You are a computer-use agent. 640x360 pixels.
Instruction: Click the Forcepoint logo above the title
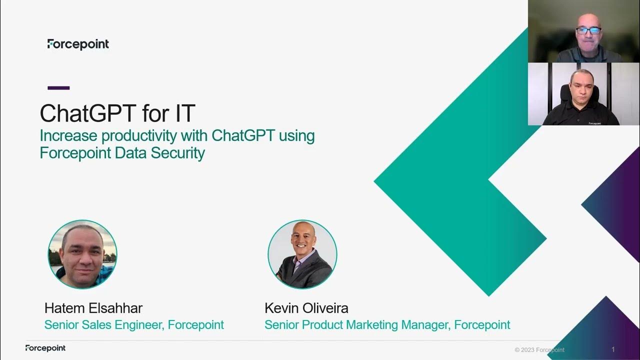pyautogui.click(x=78, y=44)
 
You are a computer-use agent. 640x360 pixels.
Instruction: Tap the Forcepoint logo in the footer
pyautogui.click(x=45, y=348)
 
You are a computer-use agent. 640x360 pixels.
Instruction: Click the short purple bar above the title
pyautogui.click(x=58, y=88)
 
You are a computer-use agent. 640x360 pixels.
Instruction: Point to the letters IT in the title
pyautogui.click(x=184, y=113)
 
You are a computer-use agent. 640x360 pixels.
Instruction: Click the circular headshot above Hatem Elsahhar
pyautogui.click(x=82, y=254)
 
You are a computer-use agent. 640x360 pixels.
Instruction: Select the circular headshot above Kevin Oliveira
pyautogui.click(x=302, y=254)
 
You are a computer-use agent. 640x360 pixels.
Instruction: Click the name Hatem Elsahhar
pyautogui.click(x=93, y=308)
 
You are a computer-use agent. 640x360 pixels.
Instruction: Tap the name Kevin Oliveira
pyautogui.click(x=306, y=308)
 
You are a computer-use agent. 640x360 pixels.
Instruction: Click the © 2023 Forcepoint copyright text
pyautogui.click(x=539, y=350)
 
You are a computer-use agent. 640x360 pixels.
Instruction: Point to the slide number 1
pyautogui.click(x=613, y=349)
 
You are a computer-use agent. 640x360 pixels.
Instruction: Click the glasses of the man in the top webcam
pyautogui.click(x=588, y=30)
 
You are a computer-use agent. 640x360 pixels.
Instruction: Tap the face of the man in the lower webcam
pyautogui.click(x=581, y=85)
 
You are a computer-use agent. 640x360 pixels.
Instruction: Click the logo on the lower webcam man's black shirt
pyautogui.click(x=594, y=123)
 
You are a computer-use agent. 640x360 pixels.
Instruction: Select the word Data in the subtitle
pyautogui.click(x=128, y=152)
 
